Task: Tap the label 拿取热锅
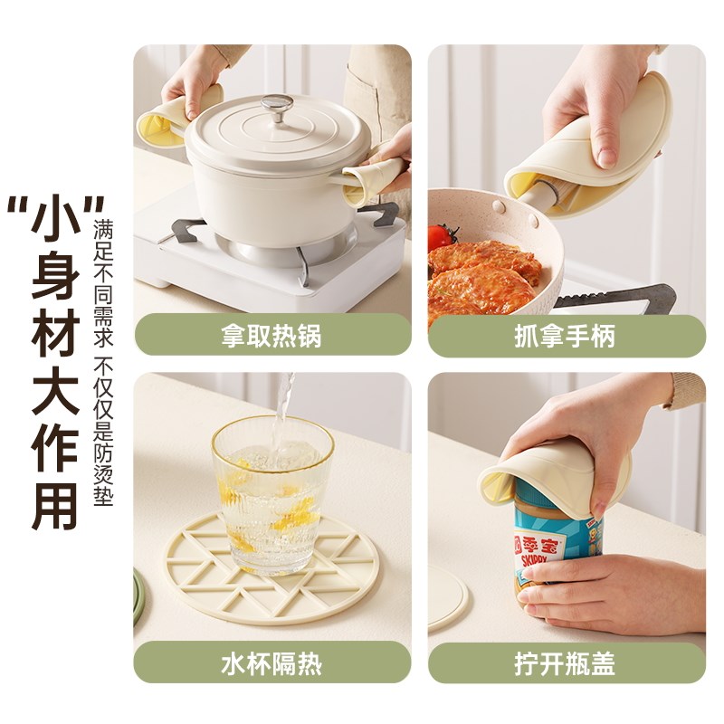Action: [272, 337]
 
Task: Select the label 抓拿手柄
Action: [566, 337]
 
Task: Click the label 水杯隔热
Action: [272, 663]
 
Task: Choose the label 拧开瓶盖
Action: [566, 663]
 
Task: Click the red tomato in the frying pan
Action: [442, 237]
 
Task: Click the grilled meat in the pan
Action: [482, 276]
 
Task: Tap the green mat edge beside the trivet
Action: [138, 597]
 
